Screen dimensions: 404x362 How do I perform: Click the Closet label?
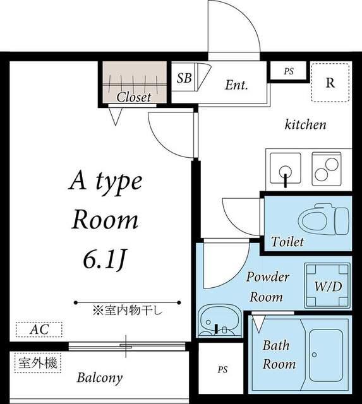click(x=134, y=97)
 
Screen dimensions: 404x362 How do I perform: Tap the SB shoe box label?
click(x=184, y=78)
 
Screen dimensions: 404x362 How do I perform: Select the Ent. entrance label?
click(x=236, y=85)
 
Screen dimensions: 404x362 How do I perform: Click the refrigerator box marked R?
click(x=330, y=83)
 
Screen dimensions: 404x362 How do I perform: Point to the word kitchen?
click(x=306, y=124)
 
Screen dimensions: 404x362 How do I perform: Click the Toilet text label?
click(x=287, y=242)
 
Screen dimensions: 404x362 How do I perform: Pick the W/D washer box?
click(x=327, y=286)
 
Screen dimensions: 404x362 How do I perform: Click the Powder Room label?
click(x=267, y=287)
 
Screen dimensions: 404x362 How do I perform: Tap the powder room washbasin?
click(x=218, y=322)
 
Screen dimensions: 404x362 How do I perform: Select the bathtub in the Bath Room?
click(x=327, y=354)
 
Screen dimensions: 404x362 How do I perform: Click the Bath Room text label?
click(x=279, y=355)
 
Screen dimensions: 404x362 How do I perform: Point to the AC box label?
click(x=39, y=330)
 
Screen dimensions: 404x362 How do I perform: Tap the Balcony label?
click(x=100, y=379)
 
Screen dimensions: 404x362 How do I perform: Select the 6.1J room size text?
click(x=105, y=259)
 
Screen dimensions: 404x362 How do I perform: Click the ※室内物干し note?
click(x=128, y=309)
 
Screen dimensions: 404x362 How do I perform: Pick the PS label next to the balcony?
click(x=222, y=369)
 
